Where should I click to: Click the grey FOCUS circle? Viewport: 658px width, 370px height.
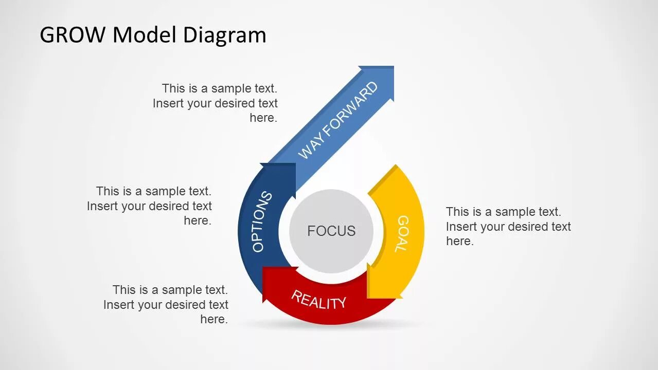[331, 231]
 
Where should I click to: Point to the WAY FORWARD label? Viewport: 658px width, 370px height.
[337, 121]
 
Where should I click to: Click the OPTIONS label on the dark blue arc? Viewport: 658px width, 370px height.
[262, 221]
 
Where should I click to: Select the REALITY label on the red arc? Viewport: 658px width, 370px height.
[319, 300]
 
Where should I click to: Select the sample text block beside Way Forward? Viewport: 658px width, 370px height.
[215, 103]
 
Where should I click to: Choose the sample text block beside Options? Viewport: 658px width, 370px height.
[149, 206]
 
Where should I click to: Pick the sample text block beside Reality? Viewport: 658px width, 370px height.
[166, 304]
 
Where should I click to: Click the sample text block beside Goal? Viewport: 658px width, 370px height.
[508, 226]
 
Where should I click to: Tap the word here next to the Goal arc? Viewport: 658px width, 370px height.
[459, 241]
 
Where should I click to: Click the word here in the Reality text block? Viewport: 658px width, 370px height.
[214, 319]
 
